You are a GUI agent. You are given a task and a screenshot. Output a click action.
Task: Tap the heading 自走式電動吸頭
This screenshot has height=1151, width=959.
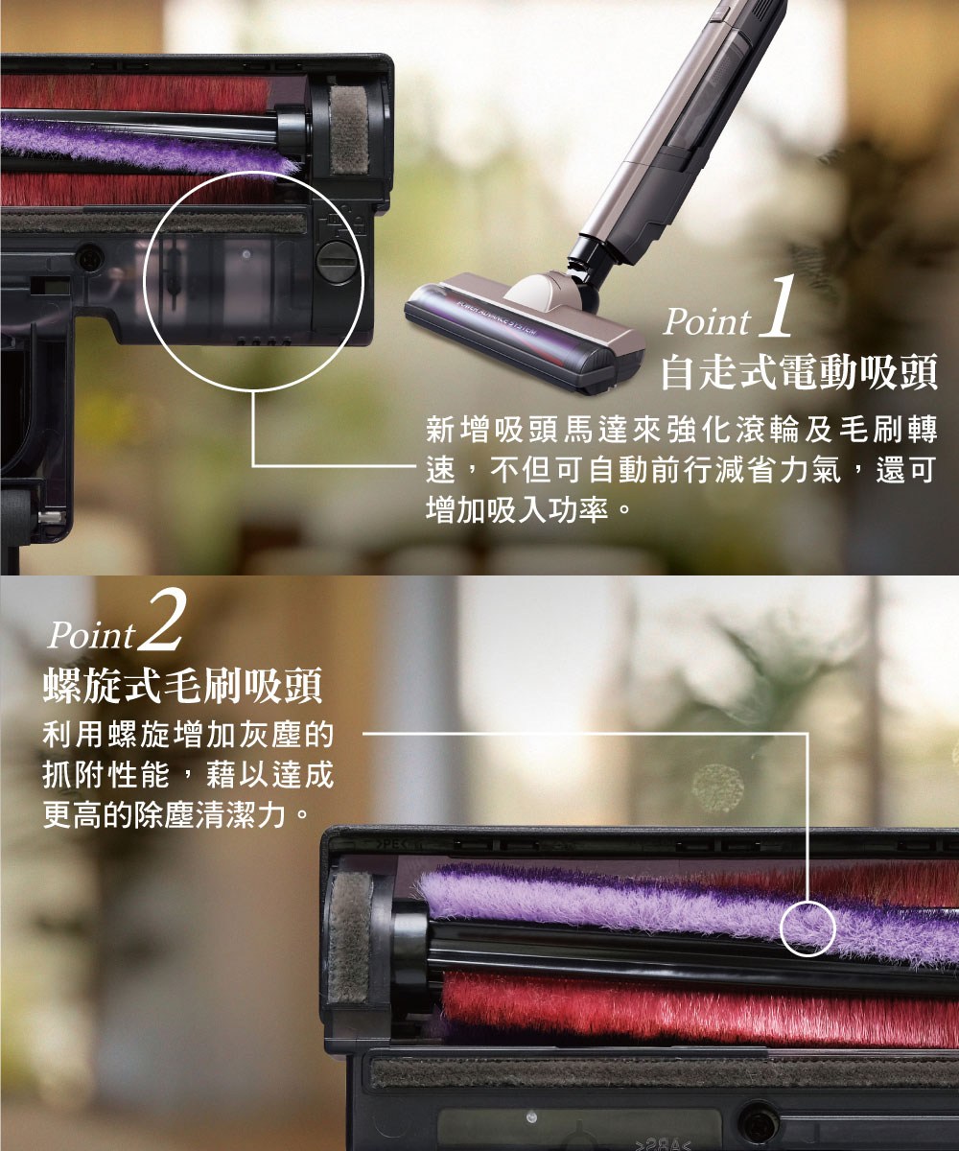799,371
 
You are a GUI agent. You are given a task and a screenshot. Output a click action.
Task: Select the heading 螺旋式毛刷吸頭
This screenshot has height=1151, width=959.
183,688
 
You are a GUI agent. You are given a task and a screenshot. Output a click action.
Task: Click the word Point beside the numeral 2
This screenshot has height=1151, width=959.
92,636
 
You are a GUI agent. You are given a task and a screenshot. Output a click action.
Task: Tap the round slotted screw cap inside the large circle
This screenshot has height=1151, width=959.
335,258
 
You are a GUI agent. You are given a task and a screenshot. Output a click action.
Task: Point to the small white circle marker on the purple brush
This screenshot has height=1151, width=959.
808,928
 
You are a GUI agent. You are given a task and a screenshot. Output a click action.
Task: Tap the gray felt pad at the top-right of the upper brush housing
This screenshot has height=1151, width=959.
349,129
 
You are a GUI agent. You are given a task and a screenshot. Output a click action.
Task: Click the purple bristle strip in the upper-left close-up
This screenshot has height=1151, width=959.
144,144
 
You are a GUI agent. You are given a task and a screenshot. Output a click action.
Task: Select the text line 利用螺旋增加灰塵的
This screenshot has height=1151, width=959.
188,738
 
